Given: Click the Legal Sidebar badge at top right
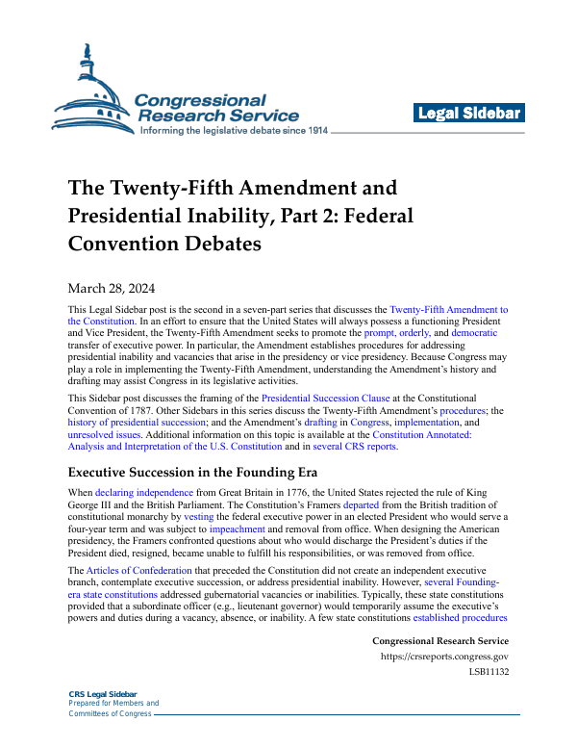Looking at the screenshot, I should [468, 114].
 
